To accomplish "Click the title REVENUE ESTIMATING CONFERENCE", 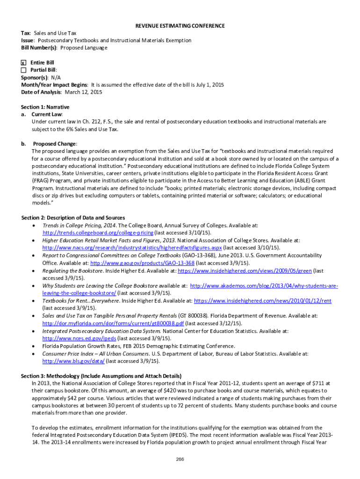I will pos(180,26).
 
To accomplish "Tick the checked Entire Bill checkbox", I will pos(23,63).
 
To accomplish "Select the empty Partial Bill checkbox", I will pos(23,70).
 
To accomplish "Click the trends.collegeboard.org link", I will pos(98,232).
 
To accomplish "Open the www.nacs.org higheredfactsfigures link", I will pos(132,247).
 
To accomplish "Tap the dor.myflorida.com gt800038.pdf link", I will pos(113,323).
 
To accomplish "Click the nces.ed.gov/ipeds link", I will pos(79,338).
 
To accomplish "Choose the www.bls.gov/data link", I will pos(73,361).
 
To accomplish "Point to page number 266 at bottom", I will pos(180,459).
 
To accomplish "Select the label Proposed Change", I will pos(54,144).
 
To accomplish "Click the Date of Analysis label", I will pos(41,92).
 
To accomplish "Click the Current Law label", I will pos(46,114).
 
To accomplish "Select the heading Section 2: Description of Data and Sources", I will pos(73,218).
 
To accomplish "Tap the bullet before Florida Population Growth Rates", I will pos(34,346).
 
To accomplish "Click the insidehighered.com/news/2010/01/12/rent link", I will pos(262,301).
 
